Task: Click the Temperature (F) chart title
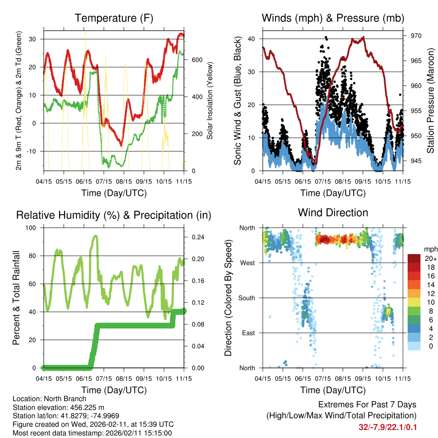click(114, 18)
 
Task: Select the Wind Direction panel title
click(333, 213)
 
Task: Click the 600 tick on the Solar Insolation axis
click(196, 59)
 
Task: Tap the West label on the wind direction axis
click(248, 263)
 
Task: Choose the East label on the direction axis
click(248, 333)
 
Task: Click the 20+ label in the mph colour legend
click(430, 258)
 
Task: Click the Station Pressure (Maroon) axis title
click(430, 101)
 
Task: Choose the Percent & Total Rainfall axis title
click(16, 298)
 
